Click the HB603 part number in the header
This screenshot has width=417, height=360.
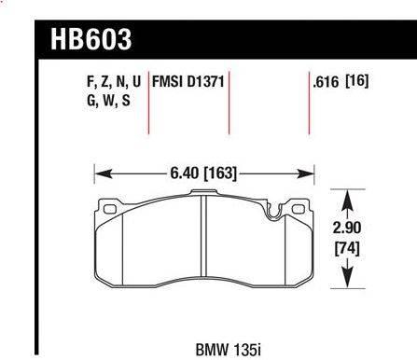[91, 39]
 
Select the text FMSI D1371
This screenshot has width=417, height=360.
[188, 82]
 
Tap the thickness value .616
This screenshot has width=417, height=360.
[326, 82]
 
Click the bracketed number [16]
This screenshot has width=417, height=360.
[357, 81]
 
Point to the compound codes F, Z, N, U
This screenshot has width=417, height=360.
[114, 82]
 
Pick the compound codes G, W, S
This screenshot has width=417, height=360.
[108, 101]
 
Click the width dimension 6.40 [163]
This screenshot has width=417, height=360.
[203, 173]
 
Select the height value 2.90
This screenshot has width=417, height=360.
[347, 228]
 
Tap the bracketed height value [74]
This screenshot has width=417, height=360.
[347, 248]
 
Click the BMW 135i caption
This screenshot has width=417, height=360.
[229, 350]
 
